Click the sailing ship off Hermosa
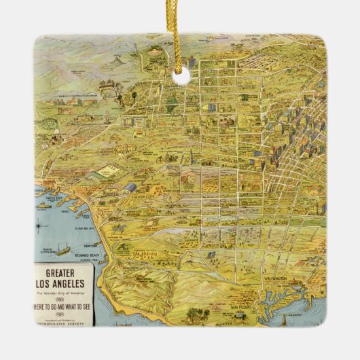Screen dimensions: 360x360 tap(62, 249)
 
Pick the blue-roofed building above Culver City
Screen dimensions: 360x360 tap(129, 187)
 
